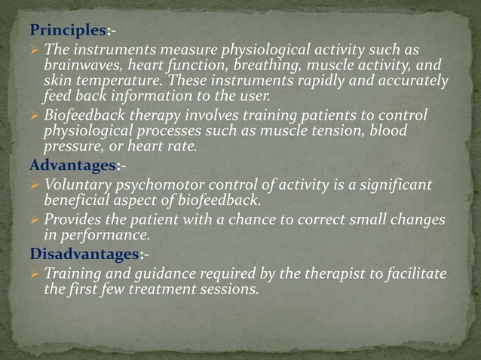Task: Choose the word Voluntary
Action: coord(76,185)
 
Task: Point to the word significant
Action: coord(395,185)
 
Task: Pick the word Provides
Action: coord(73,219)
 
